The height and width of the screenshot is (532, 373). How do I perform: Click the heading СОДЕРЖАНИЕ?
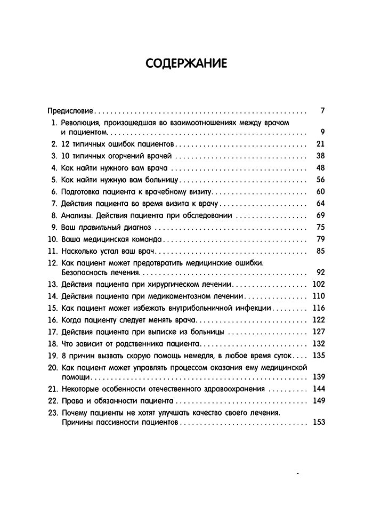tap(186, 64)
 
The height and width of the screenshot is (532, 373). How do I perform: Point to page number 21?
tap(320, 144)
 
